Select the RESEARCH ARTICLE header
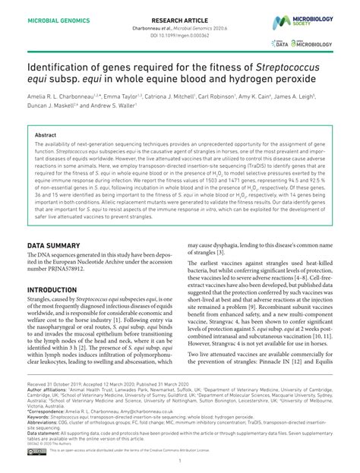[x=180, y=14]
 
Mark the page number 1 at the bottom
[x=180, y=461]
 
